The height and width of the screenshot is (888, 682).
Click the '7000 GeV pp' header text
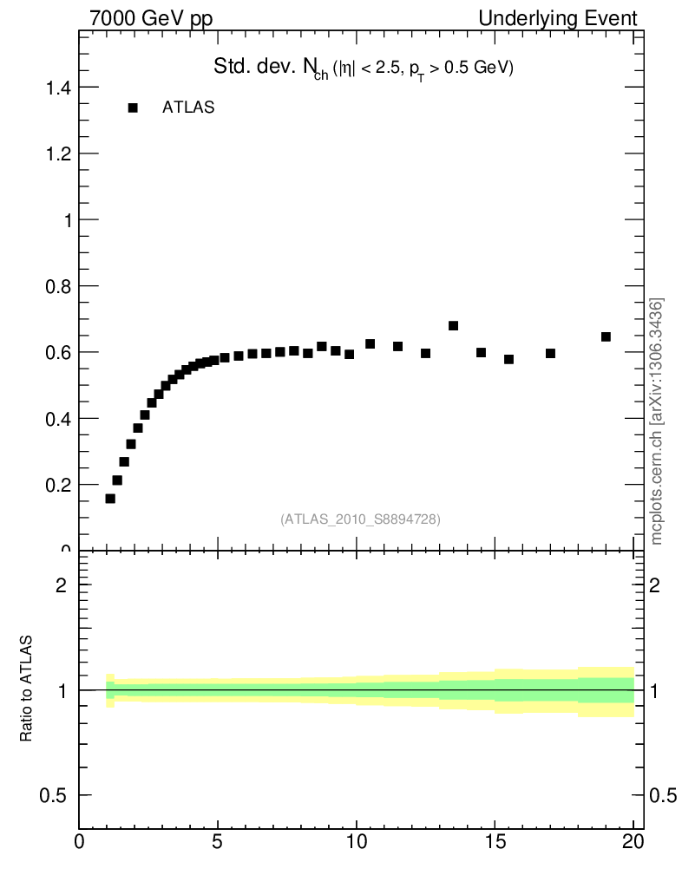coord(151,18)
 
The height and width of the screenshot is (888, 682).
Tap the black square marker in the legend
coord(133,108)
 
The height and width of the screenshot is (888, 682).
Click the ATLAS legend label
coord(188,108)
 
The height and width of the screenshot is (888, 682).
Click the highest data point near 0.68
coord(453,326)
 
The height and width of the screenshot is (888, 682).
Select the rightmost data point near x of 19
coord(606,336)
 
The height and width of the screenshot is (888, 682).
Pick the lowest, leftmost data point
coord(110,499)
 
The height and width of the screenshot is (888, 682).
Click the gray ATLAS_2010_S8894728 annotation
coord(360,519)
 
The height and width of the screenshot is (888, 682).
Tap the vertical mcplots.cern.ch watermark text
coord(657,421)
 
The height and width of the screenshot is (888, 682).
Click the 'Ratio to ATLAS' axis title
coord(27,689)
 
